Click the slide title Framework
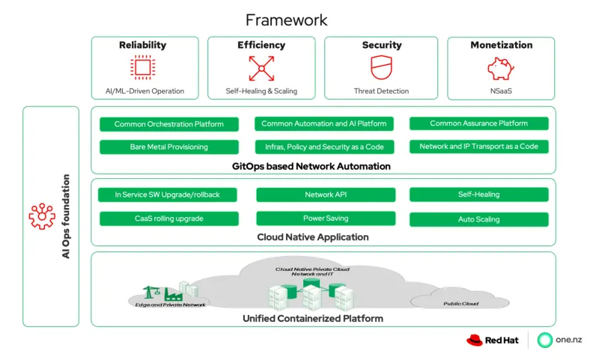(287, 19)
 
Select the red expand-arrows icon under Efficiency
(261, 68)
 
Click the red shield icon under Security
(381, 68)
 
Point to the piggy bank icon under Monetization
(501, 68)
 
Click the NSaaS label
(501, 91)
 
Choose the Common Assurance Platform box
(478, 123)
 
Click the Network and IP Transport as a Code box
(478, 147)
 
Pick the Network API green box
(325, 195)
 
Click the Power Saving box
(325, 219)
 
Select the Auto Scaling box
(478, 219)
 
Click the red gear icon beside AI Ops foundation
(42, 216)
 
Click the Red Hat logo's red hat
(475, 341)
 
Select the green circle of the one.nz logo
(545, 341)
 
